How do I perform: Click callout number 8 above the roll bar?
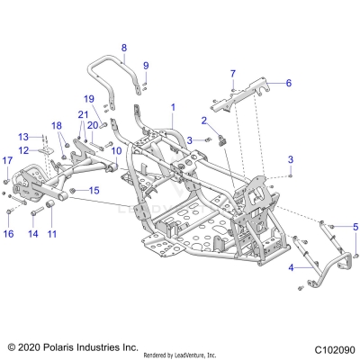coord(124,48)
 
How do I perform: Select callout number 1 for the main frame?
coord(173,107)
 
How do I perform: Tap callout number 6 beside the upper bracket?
coord(289,83)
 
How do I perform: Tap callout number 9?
coord(146,66)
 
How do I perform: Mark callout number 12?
coord(24,150)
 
